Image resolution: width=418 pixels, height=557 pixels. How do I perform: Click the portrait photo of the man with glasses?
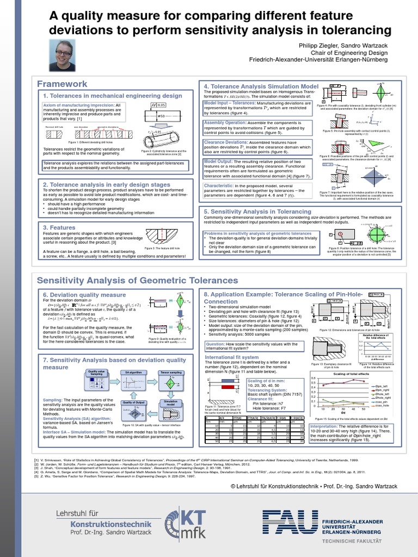63,55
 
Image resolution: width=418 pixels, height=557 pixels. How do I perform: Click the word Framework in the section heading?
62,84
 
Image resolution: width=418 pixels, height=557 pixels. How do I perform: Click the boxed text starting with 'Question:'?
253,346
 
